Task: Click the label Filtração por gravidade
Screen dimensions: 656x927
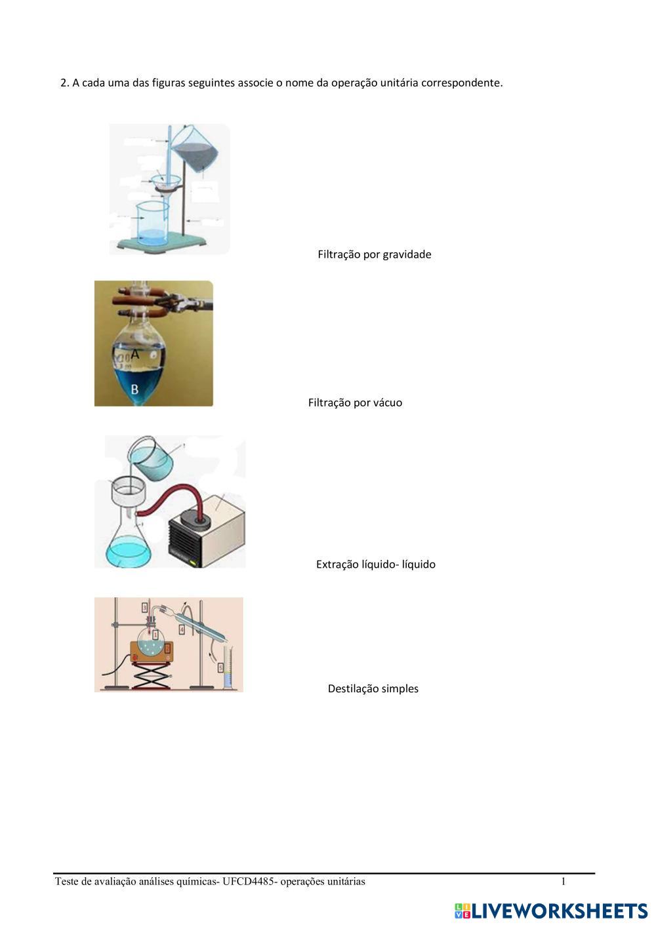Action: click(x=374, y=254)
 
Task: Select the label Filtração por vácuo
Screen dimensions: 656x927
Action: click(x=355, y=403)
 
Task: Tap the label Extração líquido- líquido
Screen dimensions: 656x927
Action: click(x=375, y=564)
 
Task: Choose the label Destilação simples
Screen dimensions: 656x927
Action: click(x=373, y=688)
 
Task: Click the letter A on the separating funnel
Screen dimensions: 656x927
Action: click(x=135, y=354)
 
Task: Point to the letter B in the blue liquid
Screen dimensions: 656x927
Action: click(x=134, y=389)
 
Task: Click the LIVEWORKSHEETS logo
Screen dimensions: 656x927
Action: click(x=551, y=911)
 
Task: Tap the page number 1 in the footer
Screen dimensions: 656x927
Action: click(x=563, y=881)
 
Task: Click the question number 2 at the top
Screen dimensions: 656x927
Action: click(x=64, y=83)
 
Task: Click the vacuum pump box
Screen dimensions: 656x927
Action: click(x=210, y=528)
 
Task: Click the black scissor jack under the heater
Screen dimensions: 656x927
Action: click(x=154, y=676)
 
